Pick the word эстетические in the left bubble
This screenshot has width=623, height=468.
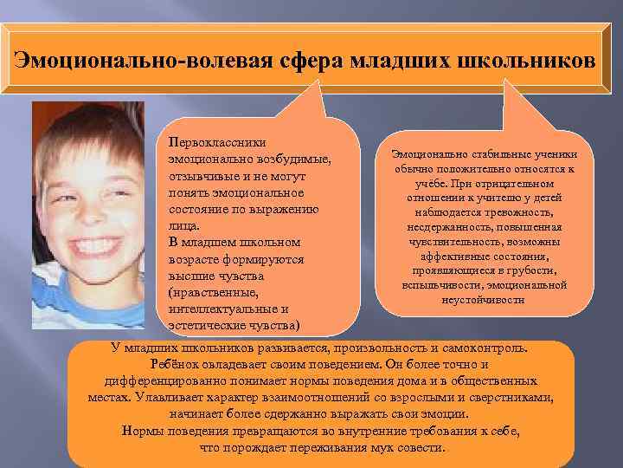(207, 325)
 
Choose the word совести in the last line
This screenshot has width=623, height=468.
(418, 448)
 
